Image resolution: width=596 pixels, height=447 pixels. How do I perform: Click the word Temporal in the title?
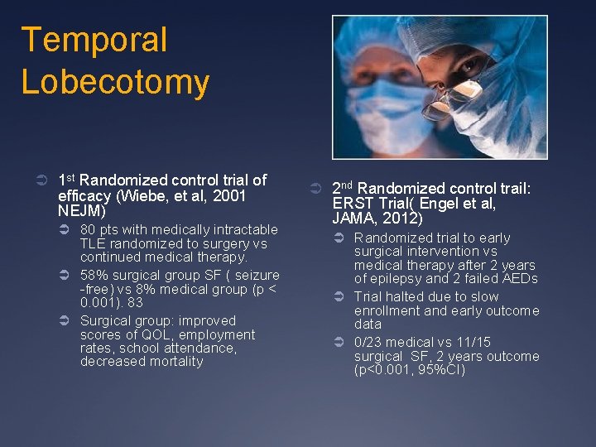point(94,40)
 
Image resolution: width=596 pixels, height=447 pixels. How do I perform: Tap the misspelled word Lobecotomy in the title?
point(115,82)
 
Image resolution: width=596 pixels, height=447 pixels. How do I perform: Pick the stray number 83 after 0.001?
point(135,302)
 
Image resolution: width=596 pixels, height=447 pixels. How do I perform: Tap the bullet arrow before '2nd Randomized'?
point(319,189)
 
